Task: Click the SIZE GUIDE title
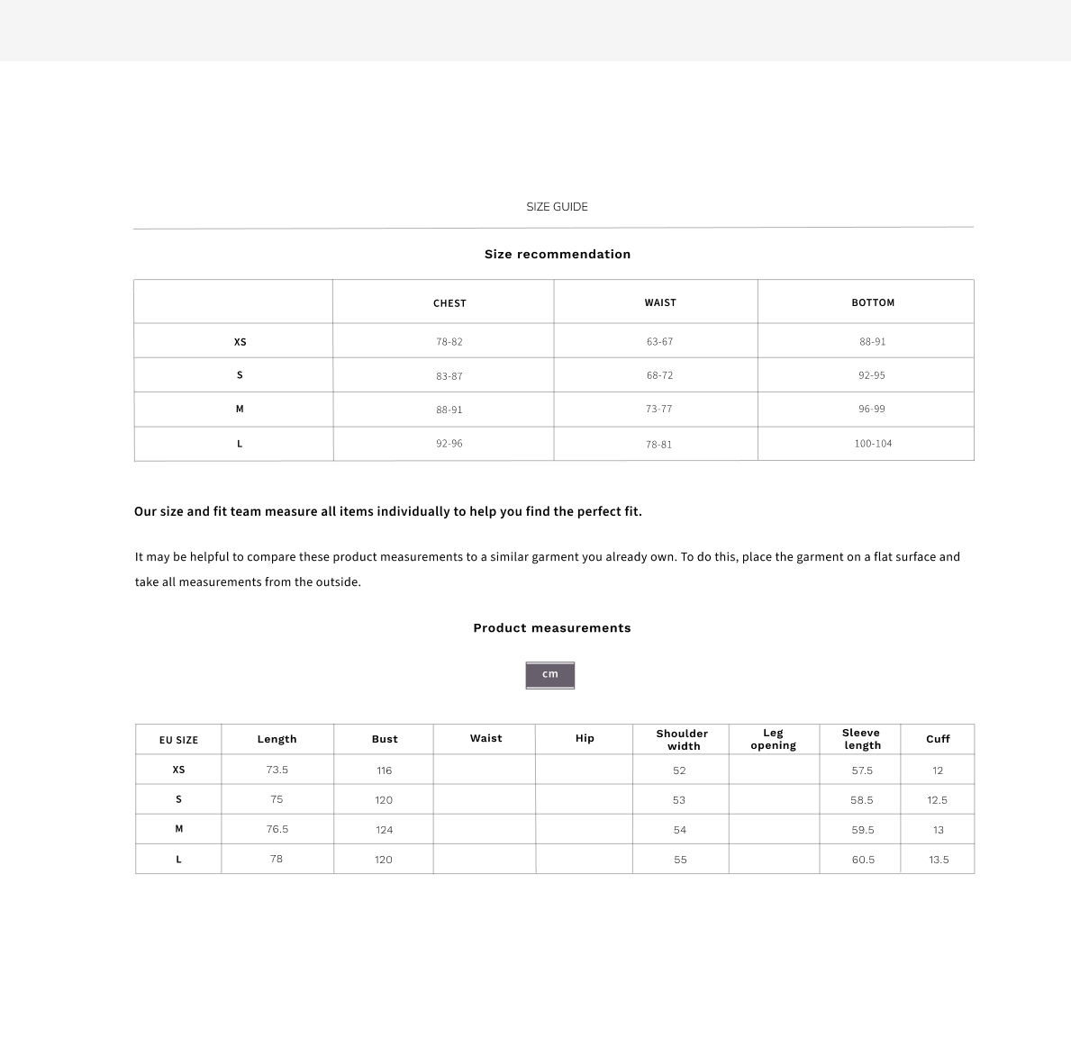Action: tap(557, 207)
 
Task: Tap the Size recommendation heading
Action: tap(557, 255)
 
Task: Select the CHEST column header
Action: tap(449, 303)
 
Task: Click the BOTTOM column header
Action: tap(873, 302)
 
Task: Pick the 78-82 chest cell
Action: tap(449, 342)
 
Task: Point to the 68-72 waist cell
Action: tap(659, 375)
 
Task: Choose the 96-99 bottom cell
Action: tap(871, 409)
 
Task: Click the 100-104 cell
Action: tap(873, 444)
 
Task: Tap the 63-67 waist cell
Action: tap(659, 342)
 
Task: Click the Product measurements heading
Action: tap(551, 628)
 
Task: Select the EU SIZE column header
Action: tap(178, 740)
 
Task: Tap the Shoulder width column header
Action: tap(682, 740)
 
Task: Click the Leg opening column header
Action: tap(773, 739)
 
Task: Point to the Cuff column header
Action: tap(938, 739)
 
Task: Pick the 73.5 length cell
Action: tap(277, 770)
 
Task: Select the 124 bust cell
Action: tap(384, 830)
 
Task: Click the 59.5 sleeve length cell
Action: tap(862, 830)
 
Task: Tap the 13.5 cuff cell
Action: tap(938, 860)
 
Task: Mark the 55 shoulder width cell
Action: tap(680, 860)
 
